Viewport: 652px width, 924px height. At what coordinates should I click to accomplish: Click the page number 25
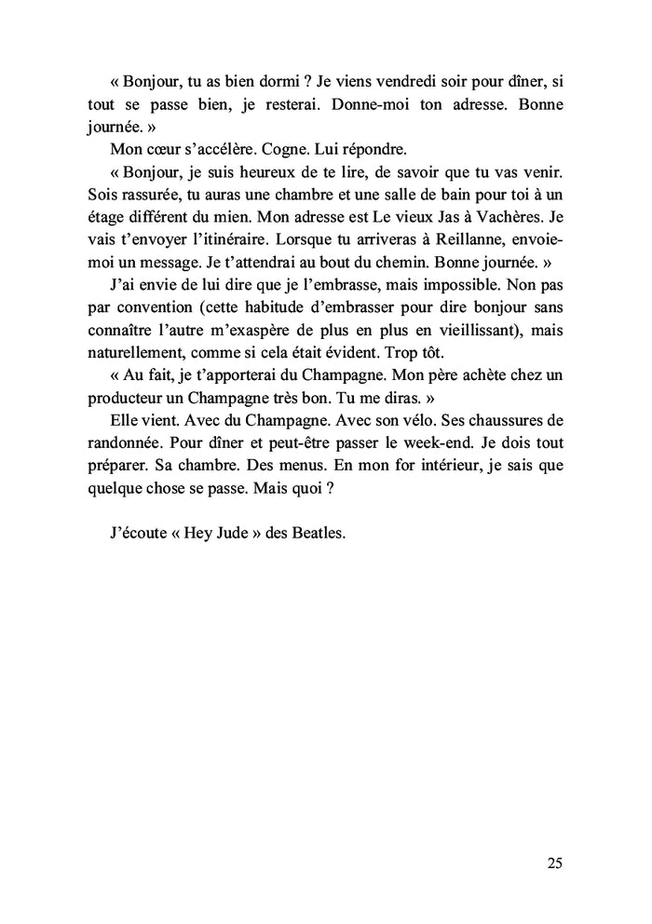554,863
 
